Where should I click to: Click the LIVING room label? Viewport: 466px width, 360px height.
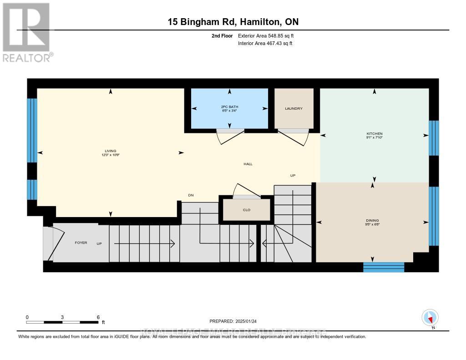pos(110,151)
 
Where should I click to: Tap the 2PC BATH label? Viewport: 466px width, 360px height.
pos(229,107)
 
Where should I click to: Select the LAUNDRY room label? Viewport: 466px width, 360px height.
pos(294,108)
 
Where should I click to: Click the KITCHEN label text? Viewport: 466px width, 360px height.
pos(375,134)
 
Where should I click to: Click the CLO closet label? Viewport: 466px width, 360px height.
pos(246,211)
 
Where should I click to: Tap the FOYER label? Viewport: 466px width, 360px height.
pos(81,243)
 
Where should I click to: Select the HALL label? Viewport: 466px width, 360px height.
pos(248,164)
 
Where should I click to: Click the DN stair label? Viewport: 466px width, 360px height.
pos(191,195)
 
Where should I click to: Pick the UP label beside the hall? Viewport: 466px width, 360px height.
pos(293,175)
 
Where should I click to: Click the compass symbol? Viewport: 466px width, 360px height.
pos(430,317)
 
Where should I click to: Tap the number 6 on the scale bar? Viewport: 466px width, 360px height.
pos(98,317)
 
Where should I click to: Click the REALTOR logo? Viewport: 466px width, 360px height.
pos(27,32)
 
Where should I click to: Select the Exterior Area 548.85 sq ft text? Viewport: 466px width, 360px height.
pos(268,35)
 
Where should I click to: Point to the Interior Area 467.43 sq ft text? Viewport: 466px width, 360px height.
pos(265,43)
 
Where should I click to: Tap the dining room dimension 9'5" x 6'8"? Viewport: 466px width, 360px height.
pos(372,224)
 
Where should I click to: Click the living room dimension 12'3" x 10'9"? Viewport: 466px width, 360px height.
pos(110,155)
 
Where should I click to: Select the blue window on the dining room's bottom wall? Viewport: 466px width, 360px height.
pos(383,267)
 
